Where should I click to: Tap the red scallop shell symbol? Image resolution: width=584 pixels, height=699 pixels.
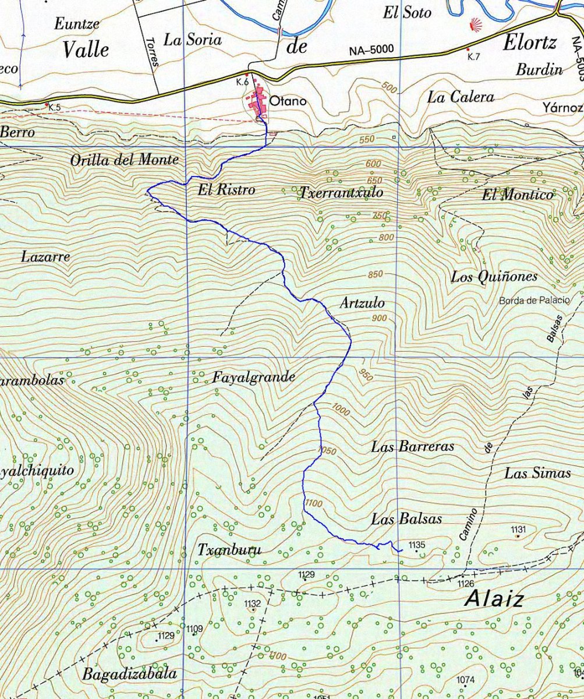tap(476, 26)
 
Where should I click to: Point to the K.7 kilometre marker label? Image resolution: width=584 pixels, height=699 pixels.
tap(473, 57)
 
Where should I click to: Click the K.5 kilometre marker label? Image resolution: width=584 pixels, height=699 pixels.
tap(54, 108)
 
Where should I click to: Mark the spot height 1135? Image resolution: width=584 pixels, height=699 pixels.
tap(417, 545)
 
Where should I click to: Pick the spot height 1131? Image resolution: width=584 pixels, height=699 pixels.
tap(518, 529)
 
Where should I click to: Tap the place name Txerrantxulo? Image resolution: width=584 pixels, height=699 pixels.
tap(341, 192)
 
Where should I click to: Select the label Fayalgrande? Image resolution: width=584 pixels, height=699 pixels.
tap(253, 377)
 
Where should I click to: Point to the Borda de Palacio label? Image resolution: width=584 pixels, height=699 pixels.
tap(540, 301)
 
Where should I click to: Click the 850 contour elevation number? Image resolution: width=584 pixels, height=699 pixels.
tap(376, 275)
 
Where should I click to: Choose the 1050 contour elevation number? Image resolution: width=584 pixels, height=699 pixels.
tap(328, 450)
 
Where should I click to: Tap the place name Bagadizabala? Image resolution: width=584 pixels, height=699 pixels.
tap(129, 675)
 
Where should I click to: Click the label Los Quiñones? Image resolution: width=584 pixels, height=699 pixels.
tap(494, 277)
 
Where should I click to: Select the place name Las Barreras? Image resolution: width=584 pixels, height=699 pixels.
tap(412, 447)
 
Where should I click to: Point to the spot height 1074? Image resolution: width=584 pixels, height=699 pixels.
tap(465, 680)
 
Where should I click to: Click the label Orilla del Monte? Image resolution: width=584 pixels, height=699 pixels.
tap(124, 160)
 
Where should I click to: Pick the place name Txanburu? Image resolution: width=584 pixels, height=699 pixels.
tap(229, 549)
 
